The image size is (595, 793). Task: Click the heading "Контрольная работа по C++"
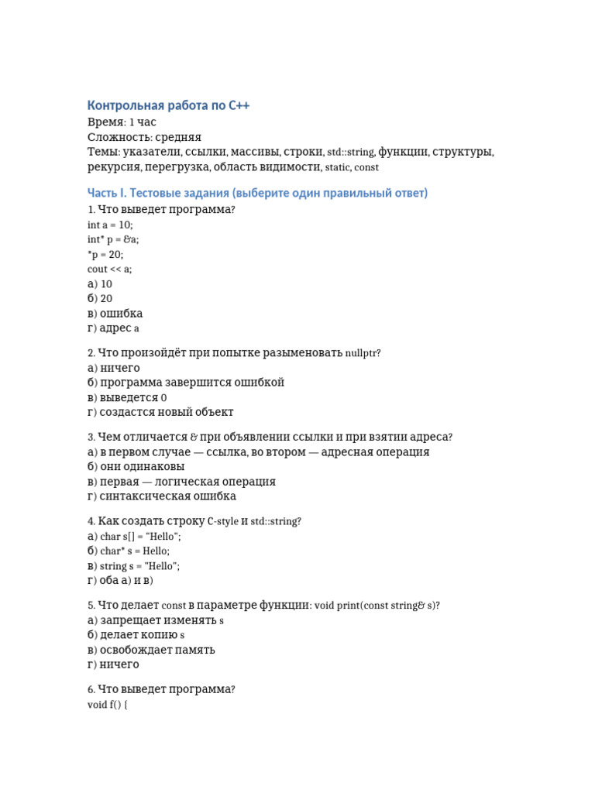(x=168, y=105)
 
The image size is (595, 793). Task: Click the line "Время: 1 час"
(x=122, y=122)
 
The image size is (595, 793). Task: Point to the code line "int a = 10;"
(x=110, y=225)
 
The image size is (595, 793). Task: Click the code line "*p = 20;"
(x=105, y=254)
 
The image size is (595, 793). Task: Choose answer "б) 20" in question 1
(x=100, y=298)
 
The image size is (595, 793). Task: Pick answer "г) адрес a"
(x=113, y=328)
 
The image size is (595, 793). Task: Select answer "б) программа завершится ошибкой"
(x=186, y=383)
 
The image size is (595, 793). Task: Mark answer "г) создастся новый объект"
(x=160, y=412)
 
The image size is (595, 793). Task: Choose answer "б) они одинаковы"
(x=136, y=467)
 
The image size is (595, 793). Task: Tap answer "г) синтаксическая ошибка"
(x=162, y=496)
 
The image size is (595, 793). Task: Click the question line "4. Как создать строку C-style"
(x=194, y=521)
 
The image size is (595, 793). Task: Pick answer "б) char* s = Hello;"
(x=129, y=551)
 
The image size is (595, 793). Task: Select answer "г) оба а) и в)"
(x=120, y=581)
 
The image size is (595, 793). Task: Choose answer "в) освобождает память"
(x=151, y=650)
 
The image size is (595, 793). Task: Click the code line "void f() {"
(x=108, y=705)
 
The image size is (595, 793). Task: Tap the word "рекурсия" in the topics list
(x=114, y=166)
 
